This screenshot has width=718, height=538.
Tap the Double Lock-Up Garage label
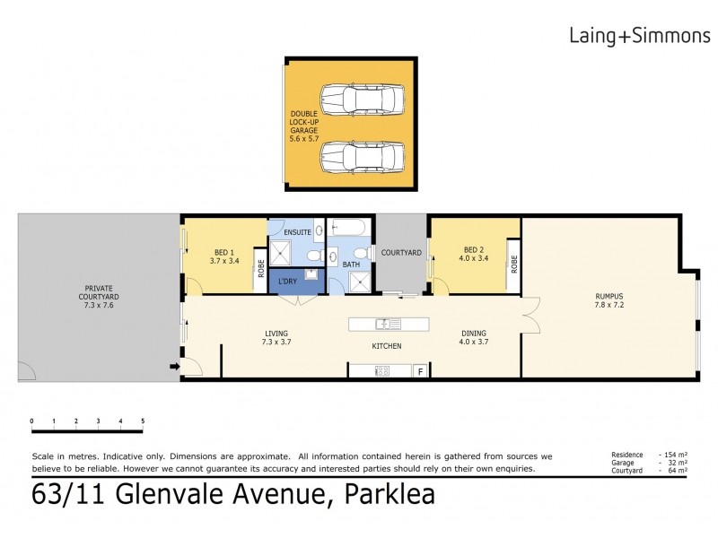(x=303, y=126)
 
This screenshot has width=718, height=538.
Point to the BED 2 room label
(x=475, y=254)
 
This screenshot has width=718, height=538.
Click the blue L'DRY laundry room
(x=293, y=282)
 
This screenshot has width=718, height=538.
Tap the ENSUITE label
(x=297, y=232)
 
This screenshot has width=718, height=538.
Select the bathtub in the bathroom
(x=348, y=229)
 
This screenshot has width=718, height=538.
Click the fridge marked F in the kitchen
(x=419, y=371)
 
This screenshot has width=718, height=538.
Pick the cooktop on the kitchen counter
(x=381, y=371)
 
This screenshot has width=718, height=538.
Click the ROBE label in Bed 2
(x=514, y=264)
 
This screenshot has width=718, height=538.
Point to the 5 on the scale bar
(x=142, y=421)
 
